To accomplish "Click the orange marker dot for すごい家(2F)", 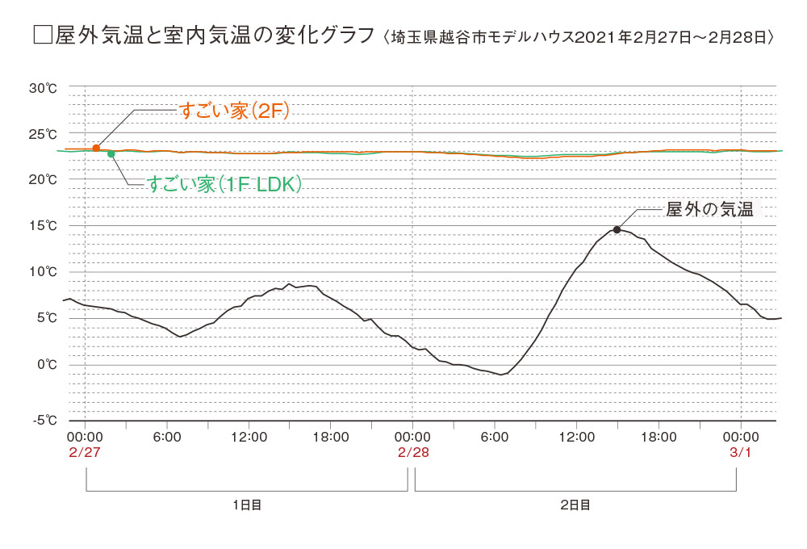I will click(96, 149).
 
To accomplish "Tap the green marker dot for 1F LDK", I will click(111, 153).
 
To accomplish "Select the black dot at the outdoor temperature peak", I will click(617, 230).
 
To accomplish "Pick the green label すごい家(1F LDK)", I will click(225, 185).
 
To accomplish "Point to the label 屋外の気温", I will click(709, 210).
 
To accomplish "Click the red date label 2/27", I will click(84, 453).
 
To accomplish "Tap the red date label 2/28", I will click(412, 453).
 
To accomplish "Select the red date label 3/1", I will click(741, 453).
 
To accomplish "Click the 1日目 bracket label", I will click(247, 505).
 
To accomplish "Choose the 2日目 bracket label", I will click(575, 505).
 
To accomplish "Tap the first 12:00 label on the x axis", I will click(249, 437).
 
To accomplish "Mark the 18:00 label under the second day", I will click(659, 437).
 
